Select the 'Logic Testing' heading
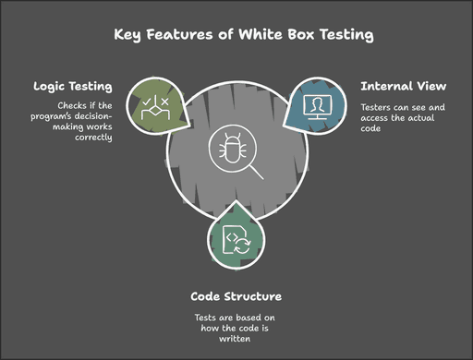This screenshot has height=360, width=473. pos(74,86)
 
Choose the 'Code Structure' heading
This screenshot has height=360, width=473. pos(236,296)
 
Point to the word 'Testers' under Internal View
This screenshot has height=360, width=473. pos(377,106)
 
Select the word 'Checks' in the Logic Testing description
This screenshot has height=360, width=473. pos(74,106)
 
